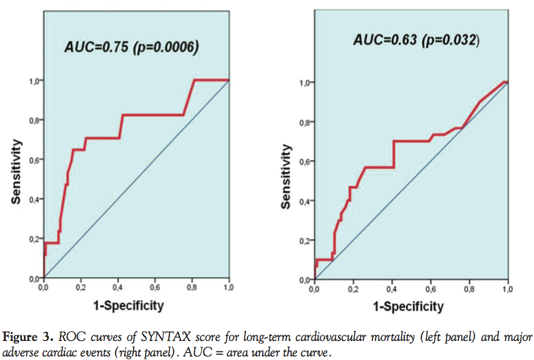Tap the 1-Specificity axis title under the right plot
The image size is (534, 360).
pos(409,306)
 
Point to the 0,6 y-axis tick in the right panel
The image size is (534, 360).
pos(304,161)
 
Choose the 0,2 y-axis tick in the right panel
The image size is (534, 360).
pos(304,241)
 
